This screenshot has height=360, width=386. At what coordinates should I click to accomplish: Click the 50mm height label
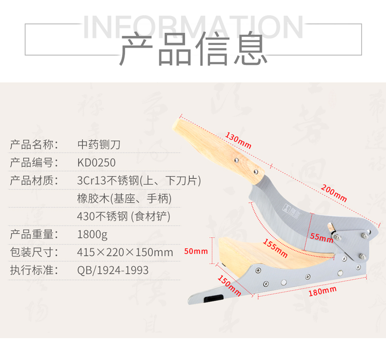(x=196, y=251)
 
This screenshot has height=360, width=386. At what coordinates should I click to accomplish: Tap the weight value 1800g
(x=92, y=234)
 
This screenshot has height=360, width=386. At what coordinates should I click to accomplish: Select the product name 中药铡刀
(x=99, y=145)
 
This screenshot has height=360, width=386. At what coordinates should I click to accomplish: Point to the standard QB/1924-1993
(x=113, y=270)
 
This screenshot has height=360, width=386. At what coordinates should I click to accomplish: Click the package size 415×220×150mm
(x=125, y=252)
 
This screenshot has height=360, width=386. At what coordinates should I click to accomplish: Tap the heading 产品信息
(x=193, y=50)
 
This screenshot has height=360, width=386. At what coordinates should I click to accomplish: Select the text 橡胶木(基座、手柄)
(x=124, y=198)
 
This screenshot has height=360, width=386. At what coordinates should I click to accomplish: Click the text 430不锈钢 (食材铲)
(x=124, y=216)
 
